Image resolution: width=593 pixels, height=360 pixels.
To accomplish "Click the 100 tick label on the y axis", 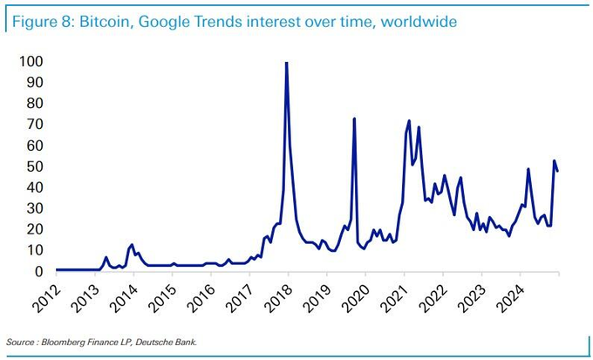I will click(31, 62).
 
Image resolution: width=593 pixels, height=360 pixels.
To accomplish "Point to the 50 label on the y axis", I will click(34, 166).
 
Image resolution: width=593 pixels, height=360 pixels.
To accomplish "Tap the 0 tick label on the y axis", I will click(37, 272).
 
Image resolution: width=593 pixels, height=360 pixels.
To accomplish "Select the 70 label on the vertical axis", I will click(34, 125).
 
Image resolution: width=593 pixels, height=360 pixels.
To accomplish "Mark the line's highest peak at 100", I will click(287, 63).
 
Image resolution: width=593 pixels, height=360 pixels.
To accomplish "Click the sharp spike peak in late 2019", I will click(354, 119).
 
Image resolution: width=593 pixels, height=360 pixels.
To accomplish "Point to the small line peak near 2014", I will click(132, 245).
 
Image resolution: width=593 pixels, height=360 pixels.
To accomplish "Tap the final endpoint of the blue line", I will click(557, 171).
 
